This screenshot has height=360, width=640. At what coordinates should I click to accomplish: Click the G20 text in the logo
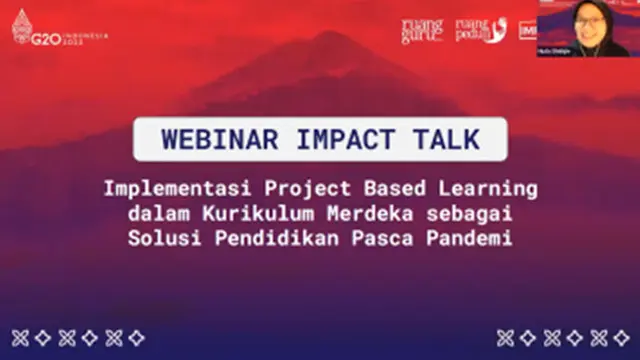tap(45, 37)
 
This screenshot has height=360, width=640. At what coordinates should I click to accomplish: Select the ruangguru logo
tap(421, 31)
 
